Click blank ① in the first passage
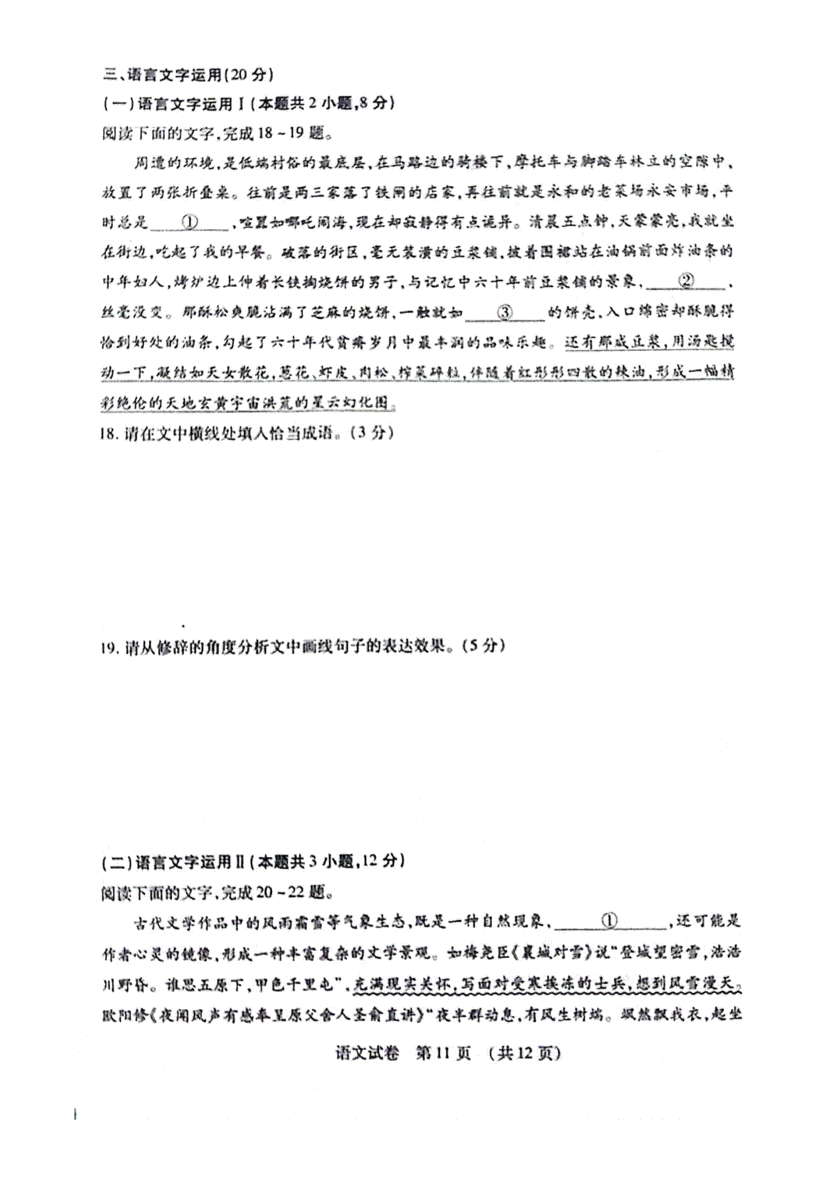(190, 222)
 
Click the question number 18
(109, 433)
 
